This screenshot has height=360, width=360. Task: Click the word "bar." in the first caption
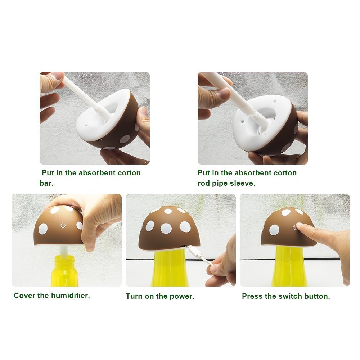(46, 183)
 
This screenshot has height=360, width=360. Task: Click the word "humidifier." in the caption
(70, 296)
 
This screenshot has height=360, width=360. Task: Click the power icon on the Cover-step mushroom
(63, 225)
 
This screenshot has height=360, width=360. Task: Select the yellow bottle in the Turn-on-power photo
(169, 270)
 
